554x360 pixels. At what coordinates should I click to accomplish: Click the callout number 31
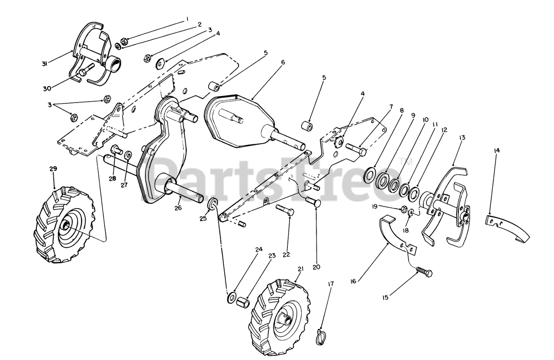(x=45, y=64)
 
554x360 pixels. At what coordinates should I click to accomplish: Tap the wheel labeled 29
(x=64, y=225)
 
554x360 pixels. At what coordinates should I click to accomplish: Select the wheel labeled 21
(x=281, y=317)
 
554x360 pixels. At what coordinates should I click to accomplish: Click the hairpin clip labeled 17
(x=321, y=337)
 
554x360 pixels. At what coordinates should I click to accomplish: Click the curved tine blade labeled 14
(x=507, y=228)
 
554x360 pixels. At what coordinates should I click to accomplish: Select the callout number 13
(x=462, y=138)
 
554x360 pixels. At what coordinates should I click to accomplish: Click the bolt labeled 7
(x=356, y=150)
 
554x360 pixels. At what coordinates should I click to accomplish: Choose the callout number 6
(x=283, y=62)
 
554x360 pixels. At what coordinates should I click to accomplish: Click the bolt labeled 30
(x=86, y=69)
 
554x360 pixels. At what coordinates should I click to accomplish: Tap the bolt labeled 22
(x=285, y=210)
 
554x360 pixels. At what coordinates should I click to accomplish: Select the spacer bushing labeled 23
(x=243, y=303)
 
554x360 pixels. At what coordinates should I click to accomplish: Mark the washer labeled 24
(x=232, y=298)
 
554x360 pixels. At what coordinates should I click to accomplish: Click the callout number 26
(x=178, y=208)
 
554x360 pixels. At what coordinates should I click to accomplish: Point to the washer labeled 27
(x=128, y=155)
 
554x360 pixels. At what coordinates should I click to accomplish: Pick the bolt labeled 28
(x=117, y=150)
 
